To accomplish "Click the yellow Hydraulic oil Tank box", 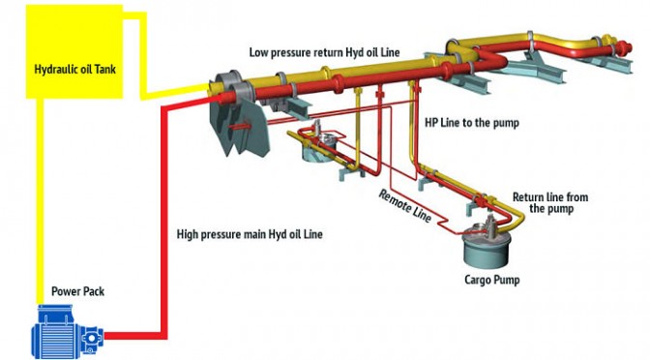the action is pos(74,51).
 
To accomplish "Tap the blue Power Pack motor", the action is pos(68,331).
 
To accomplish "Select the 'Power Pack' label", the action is pos(78,291).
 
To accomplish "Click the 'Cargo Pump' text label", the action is pos(492,280).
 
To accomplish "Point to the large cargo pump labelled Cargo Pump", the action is pos(486,246).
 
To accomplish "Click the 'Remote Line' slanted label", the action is pos(405,206).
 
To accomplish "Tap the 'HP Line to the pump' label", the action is pos(472,123).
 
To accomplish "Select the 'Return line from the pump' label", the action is pos(550,203).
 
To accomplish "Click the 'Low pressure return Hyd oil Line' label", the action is pos(325,52).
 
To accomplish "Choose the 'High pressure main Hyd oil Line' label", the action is pos(250,234).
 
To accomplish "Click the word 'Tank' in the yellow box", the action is pos(105,69).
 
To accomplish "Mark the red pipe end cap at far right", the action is pos(624,47).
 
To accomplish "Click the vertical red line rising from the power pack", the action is pos(162,220).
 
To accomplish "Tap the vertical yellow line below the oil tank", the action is pos(40,201).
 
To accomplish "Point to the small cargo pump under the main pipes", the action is pos(319,146).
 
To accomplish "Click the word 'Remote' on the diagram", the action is pos(393,198).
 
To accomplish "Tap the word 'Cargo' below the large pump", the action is pos(477,280).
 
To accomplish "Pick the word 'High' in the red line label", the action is pos(187,234).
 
